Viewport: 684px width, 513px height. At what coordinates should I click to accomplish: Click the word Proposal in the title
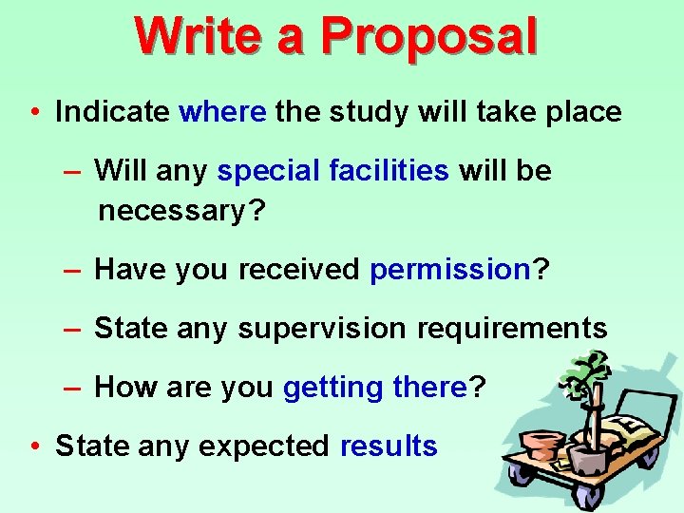(x=429, y=36)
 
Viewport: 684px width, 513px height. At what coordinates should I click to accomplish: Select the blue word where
(x=222, y=112)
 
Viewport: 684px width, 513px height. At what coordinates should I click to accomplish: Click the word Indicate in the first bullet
(x=112, y=112)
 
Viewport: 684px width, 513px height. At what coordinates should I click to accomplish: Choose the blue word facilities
(x=387, y=171)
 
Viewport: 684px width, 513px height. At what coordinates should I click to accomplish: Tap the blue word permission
(x=449, y=270)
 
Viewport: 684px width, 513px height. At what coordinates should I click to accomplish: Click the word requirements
(x=515, y=329)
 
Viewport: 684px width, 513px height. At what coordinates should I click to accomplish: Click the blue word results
(x=389, y=446)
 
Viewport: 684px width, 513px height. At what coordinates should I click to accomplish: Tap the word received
(x=299, y=270)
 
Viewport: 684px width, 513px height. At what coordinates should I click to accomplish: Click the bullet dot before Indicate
(x=33, y=113)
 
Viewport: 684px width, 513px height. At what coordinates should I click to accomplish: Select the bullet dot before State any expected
(x=33, y=446)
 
